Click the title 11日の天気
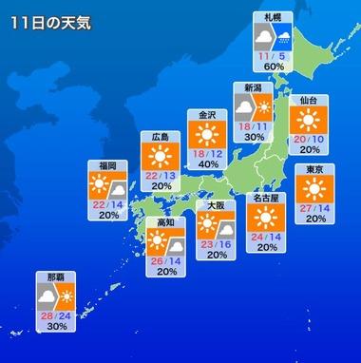click(x=52, y=24)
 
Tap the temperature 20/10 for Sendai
click(x=308, y=138)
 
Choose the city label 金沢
click(x=207, y=115)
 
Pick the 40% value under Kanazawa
click(x=207, y=164)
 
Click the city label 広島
click(x=161, y=137)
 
